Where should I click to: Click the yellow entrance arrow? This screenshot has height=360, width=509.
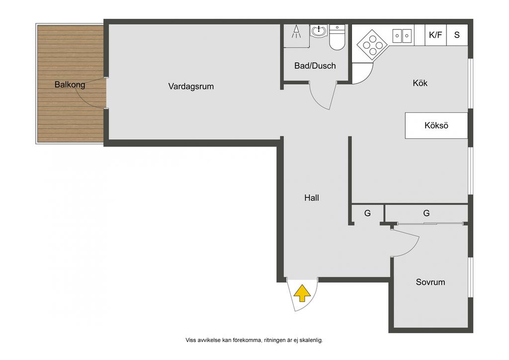[302, 293]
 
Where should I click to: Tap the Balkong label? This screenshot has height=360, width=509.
[70, 85]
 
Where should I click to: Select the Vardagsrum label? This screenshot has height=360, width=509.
[191, 87]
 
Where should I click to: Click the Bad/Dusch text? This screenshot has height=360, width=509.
[315, 66]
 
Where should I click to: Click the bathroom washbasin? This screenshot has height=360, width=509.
[319, 31]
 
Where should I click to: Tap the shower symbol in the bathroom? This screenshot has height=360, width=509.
[296, 31]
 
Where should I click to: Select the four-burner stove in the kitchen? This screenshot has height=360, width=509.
[372, 45]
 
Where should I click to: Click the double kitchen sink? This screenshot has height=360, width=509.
[402, 36]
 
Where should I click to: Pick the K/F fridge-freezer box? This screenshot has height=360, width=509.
[435, 35]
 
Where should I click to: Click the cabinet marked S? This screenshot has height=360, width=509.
[457, 35]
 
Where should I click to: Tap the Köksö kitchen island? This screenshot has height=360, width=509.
[436, 126]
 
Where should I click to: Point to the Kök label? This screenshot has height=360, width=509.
[420, 83]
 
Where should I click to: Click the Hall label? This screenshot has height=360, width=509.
[312, 198]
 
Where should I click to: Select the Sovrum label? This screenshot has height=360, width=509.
[430, 282]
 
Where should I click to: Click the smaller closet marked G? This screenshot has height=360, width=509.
[367, 213]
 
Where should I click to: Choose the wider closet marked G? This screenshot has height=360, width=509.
[426, 213]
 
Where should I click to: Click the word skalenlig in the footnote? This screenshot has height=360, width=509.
[311, 340]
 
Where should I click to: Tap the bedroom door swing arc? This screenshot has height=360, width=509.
[411, 249]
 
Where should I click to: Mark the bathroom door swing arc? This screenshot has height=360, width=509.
[317, 100]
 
